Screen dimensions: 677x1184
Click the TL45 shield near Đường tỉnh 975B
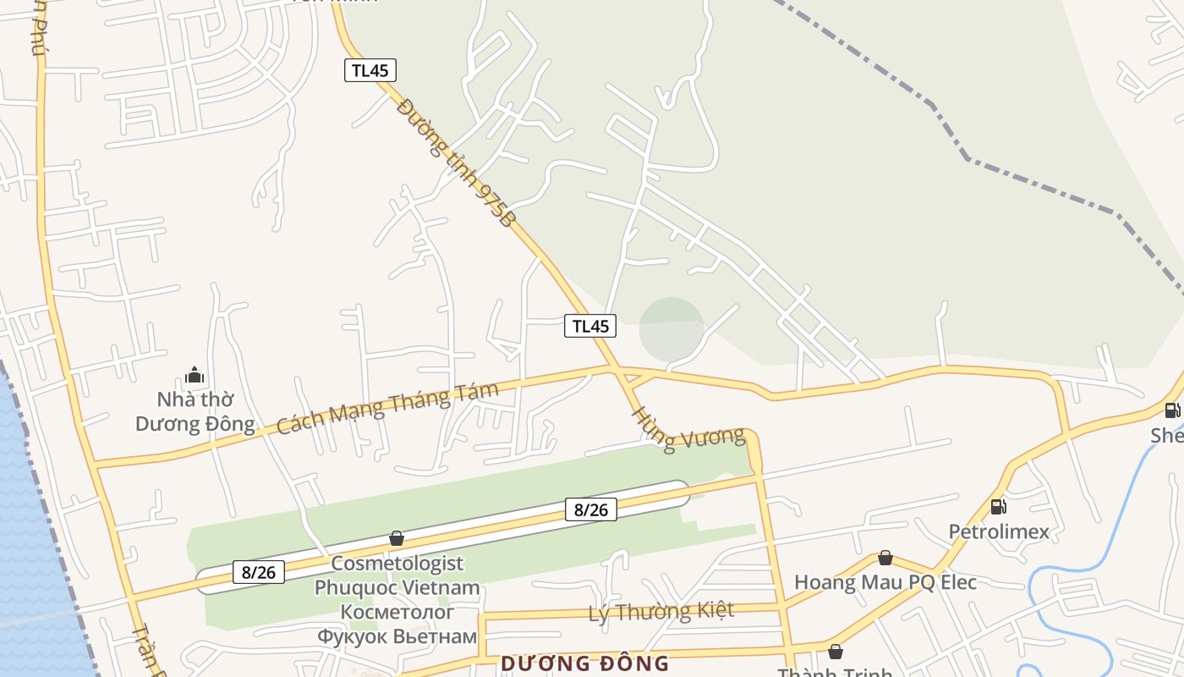tap(370, 70)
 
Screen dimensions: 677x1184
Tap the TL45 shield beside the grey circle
tap(590, 326)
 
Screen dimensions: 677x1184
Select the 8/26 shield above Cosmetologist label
tap(590, 509)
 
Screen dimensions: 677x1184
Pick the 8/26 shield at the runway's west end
tap(259, 572)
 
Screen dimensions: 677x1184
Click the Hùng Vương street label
tap(689, 429)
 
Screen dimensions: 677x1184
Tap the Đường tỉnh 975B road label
tap(456, 163)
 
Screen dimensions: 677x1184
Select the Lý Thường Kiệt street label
tap(661, 611)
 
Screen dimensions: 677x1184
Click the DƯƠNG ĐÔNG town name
tap(584, 663)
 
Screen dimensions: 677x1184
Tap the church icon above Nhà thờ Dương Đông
tap(195, 374)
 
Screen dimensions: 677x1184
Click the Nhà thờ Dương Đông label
tap(195, 411)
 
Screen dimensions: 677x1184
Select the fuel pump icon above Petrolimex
tap(998, 507)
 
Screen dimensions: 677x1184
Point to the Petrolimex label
tap(998, 532)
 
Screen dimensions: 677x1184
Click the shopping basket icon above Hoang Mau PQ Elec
tap(885, 558)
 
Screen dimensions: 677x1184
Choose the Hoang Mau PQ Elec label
tap(885, 582)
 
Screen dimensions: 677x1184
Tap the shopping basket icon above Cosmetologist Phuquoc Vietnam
tap(396, 538)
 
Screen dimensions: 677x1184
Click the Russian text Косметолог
tap(397, 612)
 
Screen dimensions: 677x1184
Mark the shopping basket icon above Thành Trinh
tap(835, 652)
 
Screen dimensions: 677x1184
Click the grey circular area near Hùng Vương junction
tap(671, 328)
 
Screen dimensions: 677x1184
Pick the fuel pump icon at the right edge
tap(1172, 410)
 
